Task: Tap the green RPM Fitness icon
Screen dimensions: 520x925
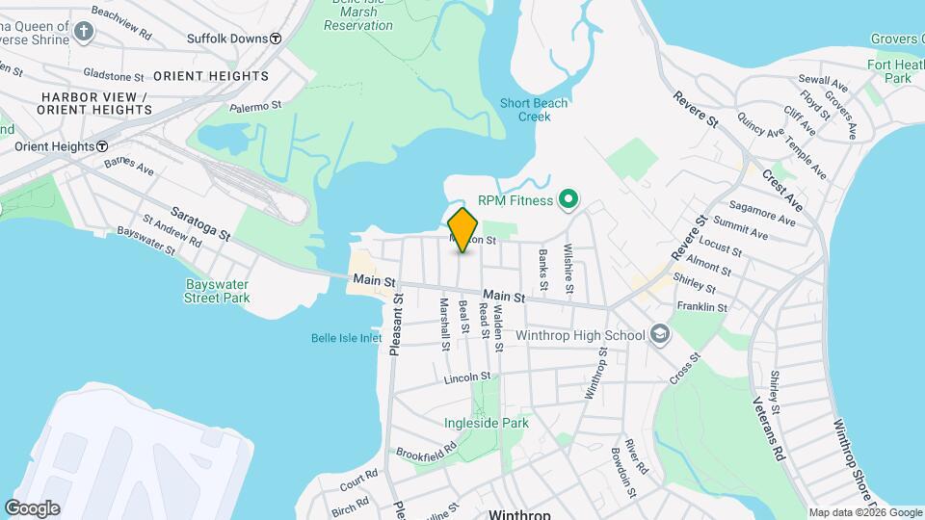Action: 568,200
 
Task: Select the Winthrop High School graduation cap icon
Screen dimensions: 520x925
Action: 660,333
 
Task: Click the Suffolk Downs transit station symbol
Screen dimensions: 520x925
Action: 276,39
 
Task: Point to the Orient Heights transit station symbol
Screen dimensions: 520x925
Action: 101,146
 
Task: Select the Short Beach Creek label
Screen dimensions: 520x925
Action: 534,110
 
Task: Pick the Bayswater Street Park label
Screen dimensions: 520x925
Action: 217,291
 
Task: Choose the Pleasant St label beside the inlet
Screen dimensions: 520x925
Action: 396,325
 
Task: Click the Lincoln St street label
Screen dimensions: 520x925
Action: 467,377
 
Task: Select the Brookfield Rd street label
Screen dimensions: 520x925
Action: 426,450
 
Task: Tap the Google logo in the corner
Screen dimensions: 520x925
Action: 32,508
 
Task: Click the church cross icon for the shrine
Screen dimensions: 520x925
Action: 84,33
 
